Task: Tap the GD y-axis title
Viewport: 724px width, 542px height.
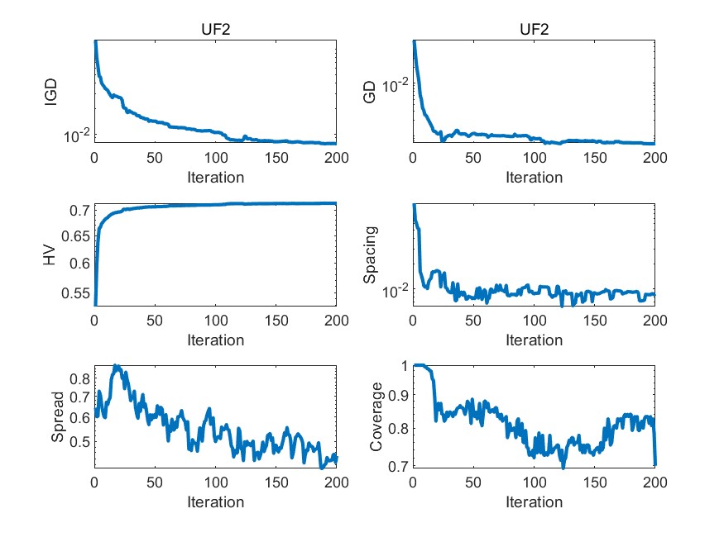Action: point(371,92)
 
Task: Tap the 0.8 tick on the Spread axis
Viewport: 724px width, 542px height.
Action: point(80,378)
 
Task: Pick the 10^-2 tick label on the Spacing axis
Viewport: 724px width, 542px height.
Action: point(394,290)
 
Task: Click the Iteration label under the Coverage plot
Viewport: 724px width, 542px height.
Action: point(534,502)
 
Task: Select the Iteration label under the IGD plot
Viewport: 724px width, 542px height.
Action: point(215,177)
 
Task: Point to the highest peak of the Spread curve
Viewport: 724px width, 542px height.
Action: point(117,365)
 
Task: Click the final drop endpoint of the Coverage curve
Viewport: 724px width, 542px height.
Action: point(654,465)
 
